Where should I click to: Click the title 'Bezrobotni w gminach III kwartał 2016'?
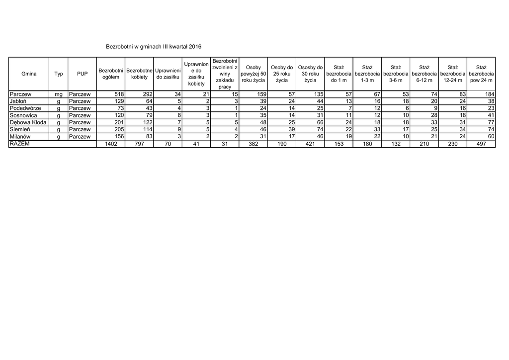click(x=154, y=46)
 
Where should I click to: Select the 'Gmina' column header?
click(x=29, y=74)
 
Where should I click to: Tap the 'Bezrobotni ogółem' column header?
click(x=111, y=74)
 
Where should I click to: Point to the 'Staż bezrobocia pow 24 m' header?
click(x=481, y=74)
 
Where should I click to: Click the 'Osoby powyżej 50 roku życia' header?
click(x=254, y=74)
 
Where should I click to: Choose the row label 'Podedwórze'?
click(x=25, y=108)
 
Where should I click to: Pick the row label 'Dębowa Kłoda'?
click(x=28, y=122)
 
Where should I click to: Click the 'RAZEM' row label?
click(x=20, y=144)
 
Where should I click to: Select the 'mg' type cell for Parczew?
click(x=59, y=94)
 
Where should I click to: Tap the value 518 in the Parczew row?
click(x=118, y=94)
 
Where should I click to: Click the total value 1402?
click(x=111, y=144)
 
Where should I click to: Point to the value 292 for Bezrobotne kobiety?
click(x=147, y=94)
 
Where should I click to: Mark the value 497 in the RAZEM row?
click(x=481, y=144)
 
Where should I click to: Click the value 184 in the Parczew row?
click(x=490, y=94)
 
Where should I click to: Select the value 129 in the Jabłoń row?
click(x=118, y=101)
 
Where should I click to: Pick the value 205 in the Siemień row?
click(x=118, y=129)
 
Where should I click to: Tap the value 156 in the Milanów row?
click(x=118, y=137)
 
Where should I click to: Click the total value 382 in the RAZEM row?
click(x=254, y=144)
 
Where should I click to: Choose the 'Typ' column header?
click(x=59, y=74)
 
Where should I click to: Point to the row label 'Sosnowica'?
click(x=23, y=115)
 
